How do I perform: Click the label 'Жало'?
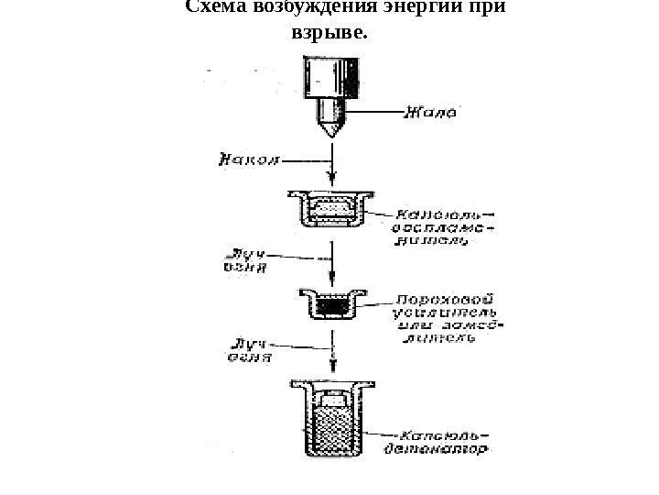click(x=429, y=114)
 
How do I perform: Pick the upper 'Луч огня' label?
click(x=244, y=259)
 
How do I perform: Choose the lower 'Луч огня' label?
click(x=247, y=351)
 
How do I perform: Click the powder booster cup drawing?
click(x=331, y=303)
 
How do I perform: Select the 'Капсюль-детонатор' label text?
click(x=444, y=442)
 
